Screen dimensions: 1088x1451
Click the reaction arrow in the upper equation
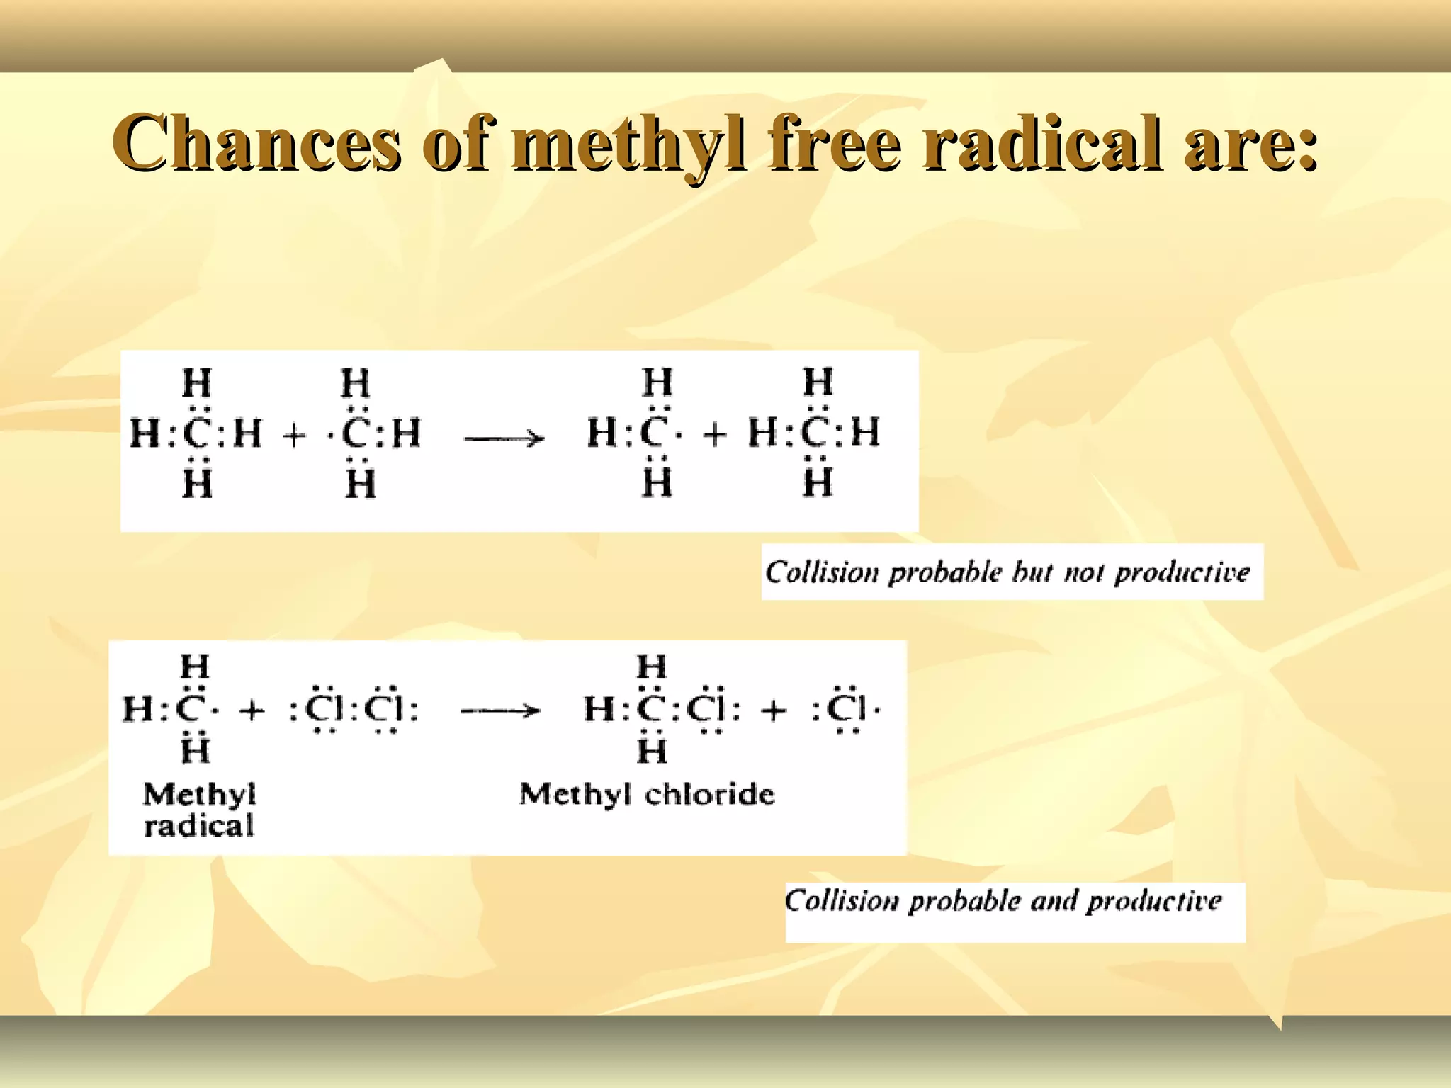coord(504,439)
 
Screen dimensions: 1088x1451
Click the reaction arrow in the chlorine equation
coord(500,710)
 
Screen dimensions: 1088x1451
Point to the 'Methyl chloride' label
coord(647,795)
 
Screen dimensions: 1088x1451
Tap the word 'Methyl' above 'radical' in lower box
coord(199,795)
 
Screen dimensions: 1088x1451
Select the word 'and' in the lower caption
coord(1054,901)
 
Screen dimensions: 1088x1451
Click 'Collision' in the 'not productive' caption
coord(822,572)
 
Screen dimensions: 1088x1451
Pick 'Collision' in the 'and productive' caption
coord(841,901)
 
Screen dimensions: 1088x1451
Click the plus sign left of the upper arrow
coord(294,434)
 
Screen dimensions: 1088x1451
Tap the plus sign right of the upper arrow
coord(715,433)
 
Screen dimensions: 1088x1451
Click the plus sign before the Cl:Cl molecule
coord(252,710)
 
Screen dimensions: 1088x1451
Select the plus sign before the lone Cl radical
coord(774,710)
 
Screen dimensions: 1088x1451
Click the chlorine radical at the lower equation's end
coord(847,708)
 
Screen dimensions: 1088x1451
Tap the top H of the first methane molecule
coord(197,383)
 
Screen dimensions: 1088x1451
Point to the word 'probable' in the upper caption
coord(944,572)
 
